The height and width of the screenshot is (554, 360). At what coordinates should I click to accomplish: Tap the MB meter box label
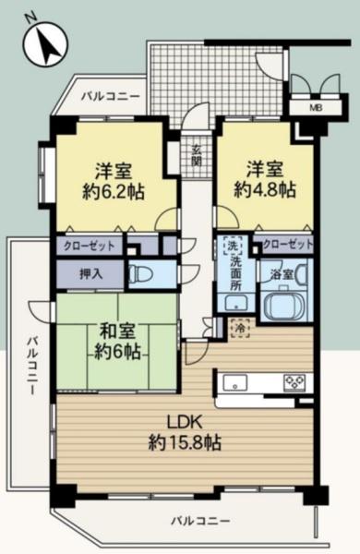[x=316, y=108]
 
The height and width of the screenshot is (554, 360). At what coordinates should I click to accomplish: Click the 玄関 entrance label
[x=197, y=155]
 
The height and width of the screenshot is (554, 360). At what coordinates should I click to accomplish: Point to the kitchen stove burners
[x=294, y=382]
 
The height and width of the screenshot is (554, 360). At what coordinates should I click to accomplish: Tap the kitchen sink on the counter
[x=235, y=382]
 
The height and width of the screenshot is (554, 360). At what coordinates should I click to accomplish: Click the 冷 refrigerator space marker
[x=240, y=328]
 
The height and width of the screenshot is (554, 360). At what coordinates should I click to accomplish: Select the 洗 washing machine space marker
[x=233, y=246]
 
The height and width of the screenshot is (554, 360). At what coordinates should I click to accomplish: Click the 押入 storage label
[x=90, y=274]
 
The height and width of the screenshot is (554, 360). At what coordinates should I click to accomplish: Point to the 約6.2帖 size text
[x=114, y=193]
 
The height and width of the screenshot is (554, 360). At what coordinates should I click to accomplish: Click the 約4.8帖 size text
[x=265, y=191]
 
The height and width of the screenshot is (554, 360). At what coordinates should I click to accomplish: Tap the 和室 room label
[x=117, y=332]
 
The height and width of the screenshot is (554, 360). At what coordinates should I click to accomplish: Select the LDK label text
[x=185, y=423]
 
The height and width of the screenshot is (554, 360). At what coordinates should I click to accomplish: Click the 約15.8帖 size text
[x=185, y=442]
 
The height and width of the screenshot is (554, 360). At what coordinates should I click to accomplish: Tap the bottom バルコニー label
[x=200, y=521]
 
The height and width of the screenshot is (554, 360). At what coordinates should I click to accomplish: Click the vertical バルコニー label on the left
[x=32, y=366]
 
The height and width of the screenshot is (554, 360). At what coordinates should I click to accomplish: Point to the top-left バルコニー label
[x=111, y=96]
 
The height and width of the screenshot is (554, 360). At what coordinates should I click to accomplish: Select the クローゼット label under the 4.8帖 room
[x=288, y=244]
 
